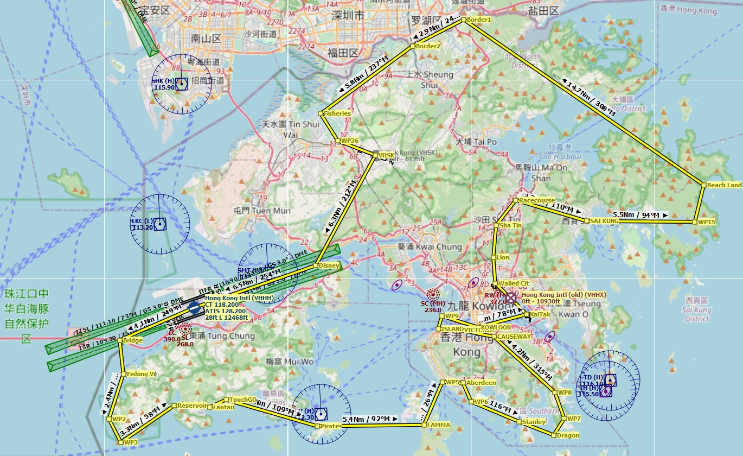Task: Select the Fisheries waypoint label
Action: tap(337, 113)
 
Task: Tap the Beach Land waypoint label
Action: tap(724, 185)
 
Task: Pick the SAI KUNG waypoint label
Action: tap(604, 221)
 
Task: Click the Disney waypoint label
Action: tap(329, 265)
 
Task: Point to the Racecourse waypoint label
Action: tap(536, 200)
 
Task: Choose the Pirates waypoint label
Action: tap(330, 426)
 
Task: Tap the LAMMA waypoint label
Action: tap(438, 425)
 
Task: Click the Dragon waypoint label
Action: tap(567, 435)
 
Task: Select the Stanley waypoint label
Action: tap(534, 422)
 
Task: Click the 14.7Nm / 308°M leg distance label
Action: tap(591, 98)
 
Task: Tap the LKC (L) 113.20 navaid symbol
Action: tap(159, 224)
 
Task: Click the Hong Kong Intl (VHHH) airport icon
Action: tap(194, 308)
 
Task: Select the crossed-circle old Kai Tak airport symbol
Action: tap(511, 297)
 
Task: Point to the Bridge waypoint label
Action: tap(132, 340)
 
